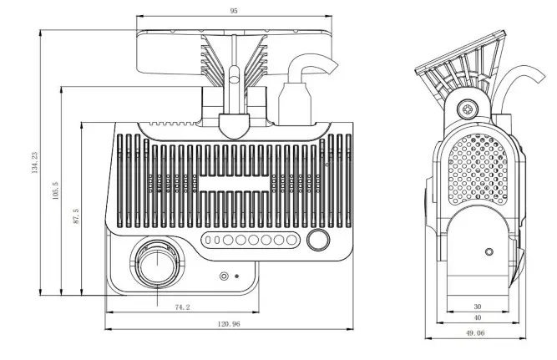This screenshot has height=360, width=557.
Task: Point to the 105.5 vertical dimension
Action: (55, 190)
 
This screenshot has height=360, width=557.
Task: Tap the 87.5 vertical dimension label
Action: (75, 216)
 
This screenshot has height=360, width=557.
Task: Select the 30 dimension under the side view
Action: (477, 306)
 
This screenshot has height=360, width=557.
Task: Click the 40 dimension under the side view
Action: (477, 317)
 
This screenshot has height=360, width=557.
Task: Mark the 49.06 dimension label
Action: (477, 332)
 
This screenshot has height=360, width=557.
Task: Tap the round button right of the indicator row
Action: (317, 241)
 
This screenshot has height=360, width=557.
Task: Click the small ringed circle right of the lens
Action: (223, 276)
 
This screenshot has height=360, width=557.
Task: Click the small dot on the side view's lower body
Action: (489, 250)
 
